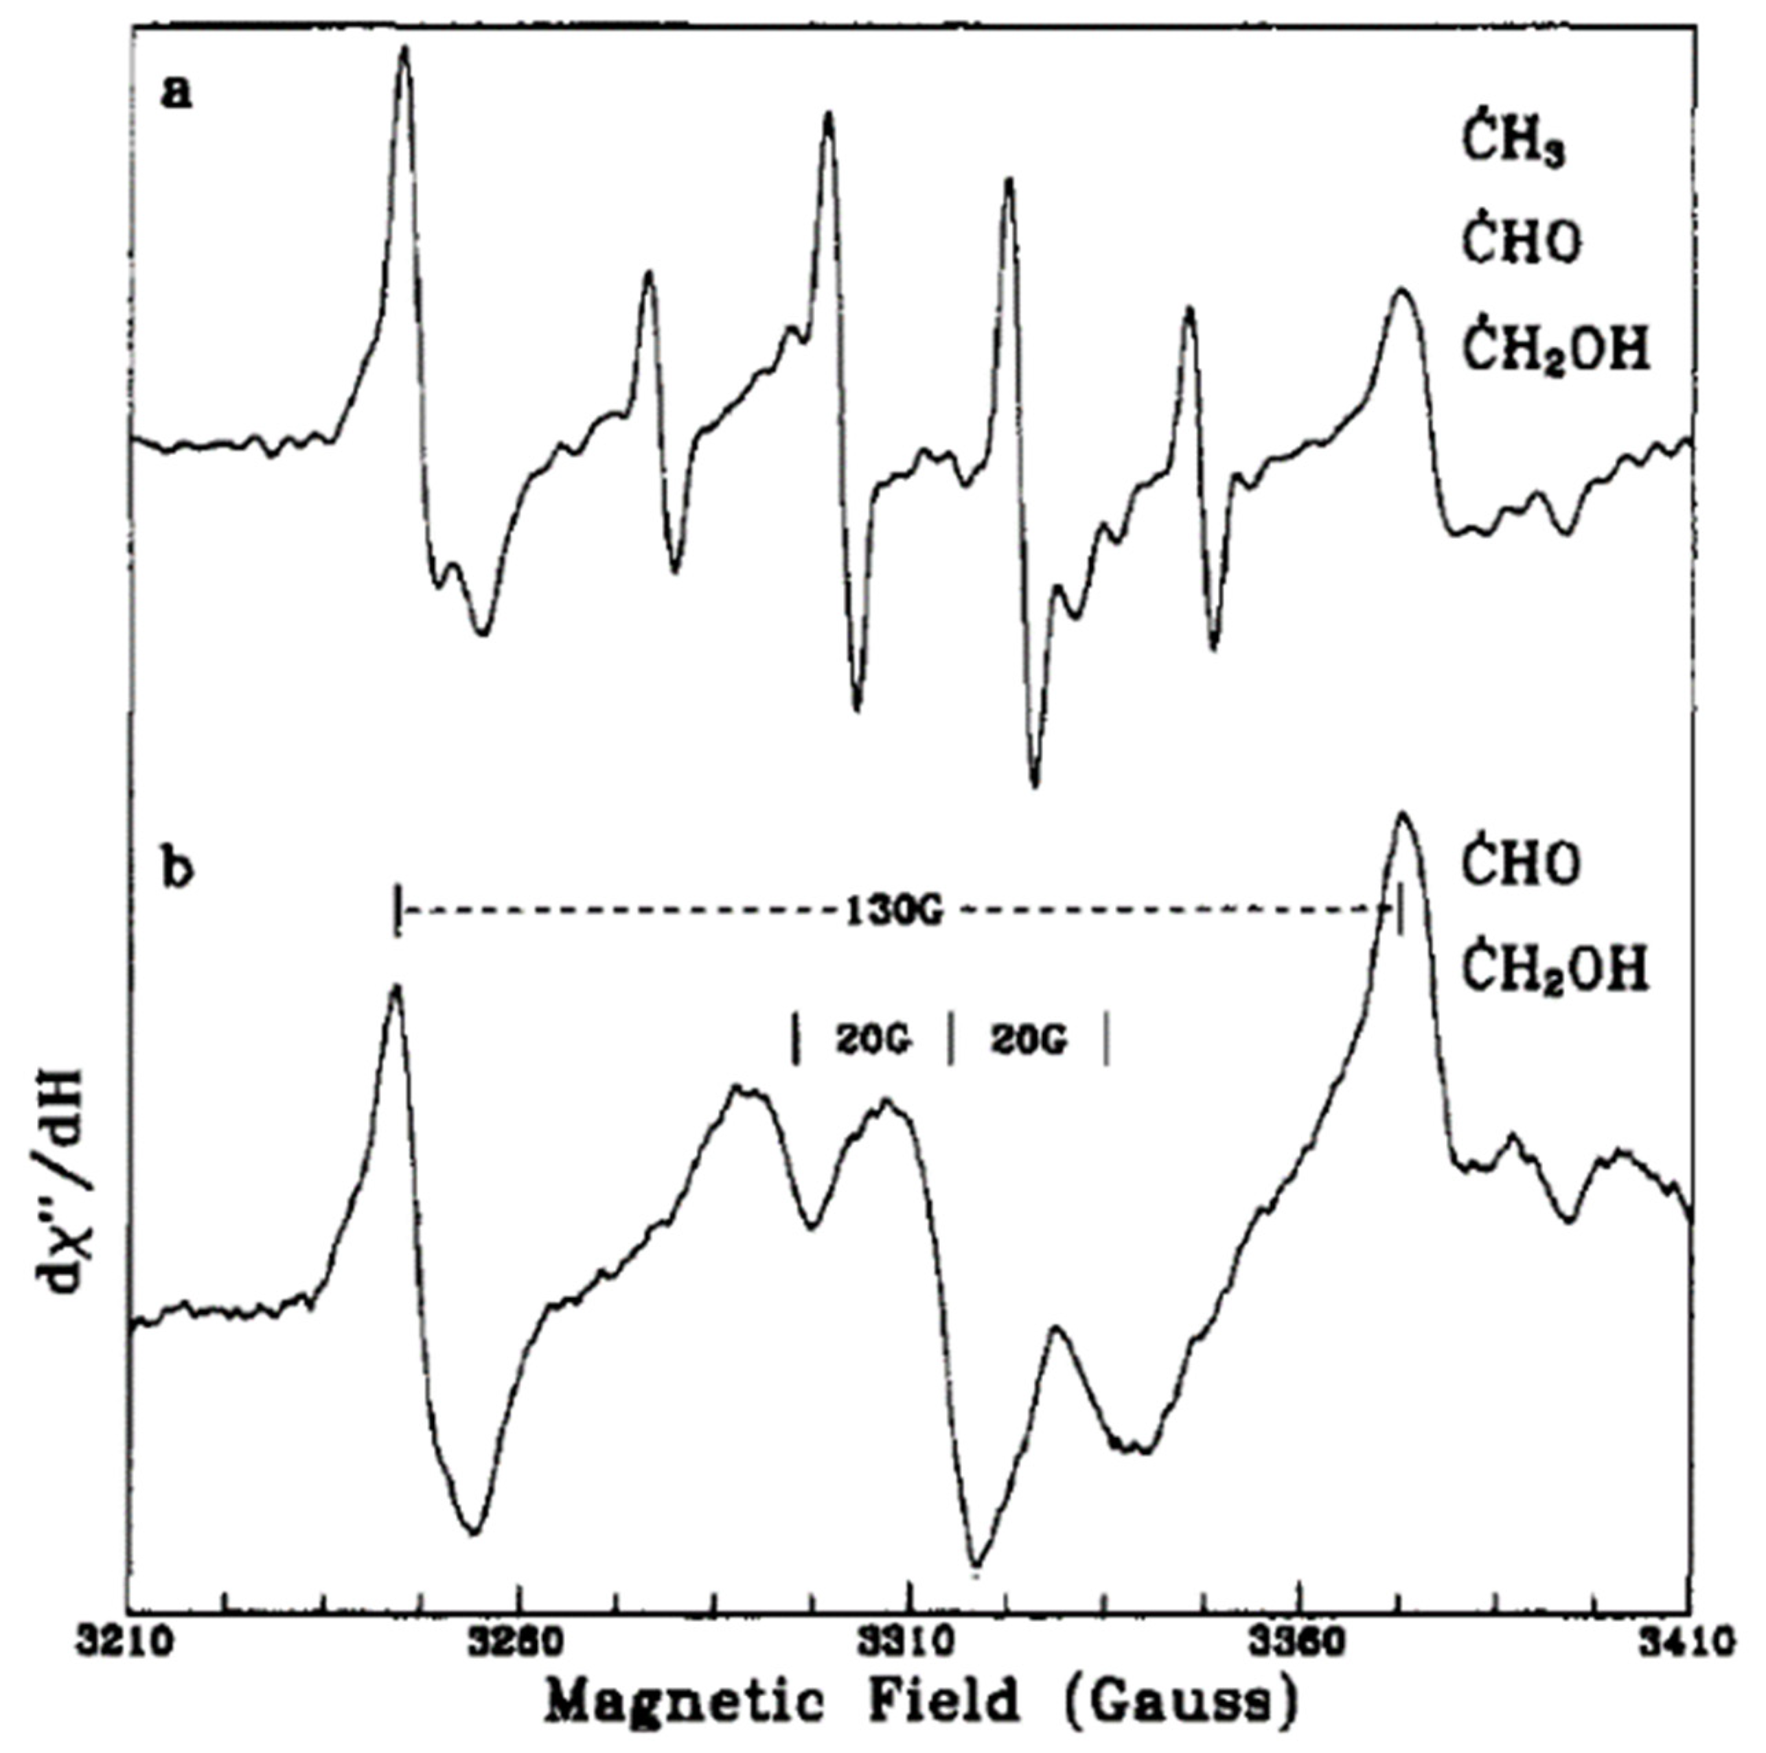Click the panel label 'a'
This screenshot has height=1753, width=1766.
point(176,92)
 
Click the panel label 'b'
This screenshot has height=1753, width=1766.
point(176,869)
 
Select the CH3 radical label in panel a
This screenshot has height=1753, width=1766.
point(1515,146)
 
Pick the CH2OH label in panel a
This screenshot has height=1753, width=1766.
point(1557,350)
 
